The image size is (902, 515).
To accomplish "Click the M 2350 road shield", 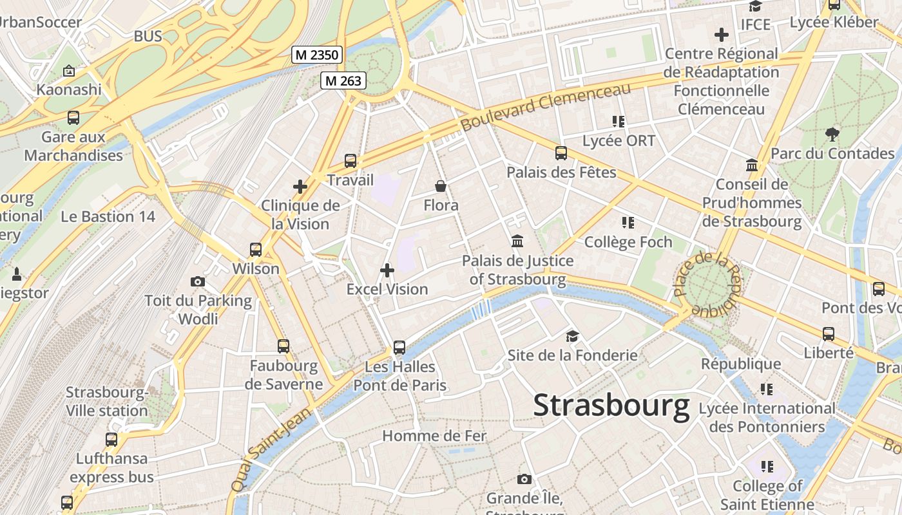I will coord(317,55).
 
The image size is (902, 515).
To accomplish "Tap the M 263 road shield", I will coord(344,80).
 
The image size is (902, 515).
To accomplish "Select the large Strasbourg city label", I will coord(611,406).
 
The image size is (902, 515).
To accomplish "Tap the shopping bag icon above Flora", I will coord(441,187).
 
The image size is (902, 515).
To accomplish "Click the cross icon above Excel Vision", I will coord(387,270).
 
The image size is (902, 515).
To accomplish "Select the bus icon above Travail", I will coord(350,161).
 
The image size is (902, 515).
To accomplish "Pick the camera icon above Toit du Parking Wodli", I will coord(198,281).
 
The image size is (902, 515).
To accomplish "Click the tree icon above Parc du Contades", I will coord(832,135).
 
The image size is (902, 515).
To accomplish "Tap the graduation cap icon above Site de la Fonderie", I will coord(572,336).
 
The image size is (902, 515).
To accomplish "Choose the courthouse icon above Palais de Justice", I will coord(517,241).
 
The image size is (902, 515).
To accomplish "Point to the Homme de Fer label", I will coord(434,436).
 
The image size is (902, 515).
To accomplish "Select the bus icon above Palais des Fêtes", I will coord(561,153).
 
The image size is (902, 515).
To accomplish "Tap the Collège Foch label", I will coord(628,242).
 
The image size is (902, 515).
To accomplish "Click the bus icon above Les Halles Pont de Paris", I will coord(399,348).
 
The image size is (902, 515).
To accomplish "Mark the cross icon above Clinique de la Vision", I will coord(300,187).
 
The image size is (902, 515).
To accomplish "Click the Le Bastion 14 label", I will coord(108,216).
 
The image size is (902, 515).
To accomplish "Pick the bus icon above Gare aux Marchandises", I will coord(73,118).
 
